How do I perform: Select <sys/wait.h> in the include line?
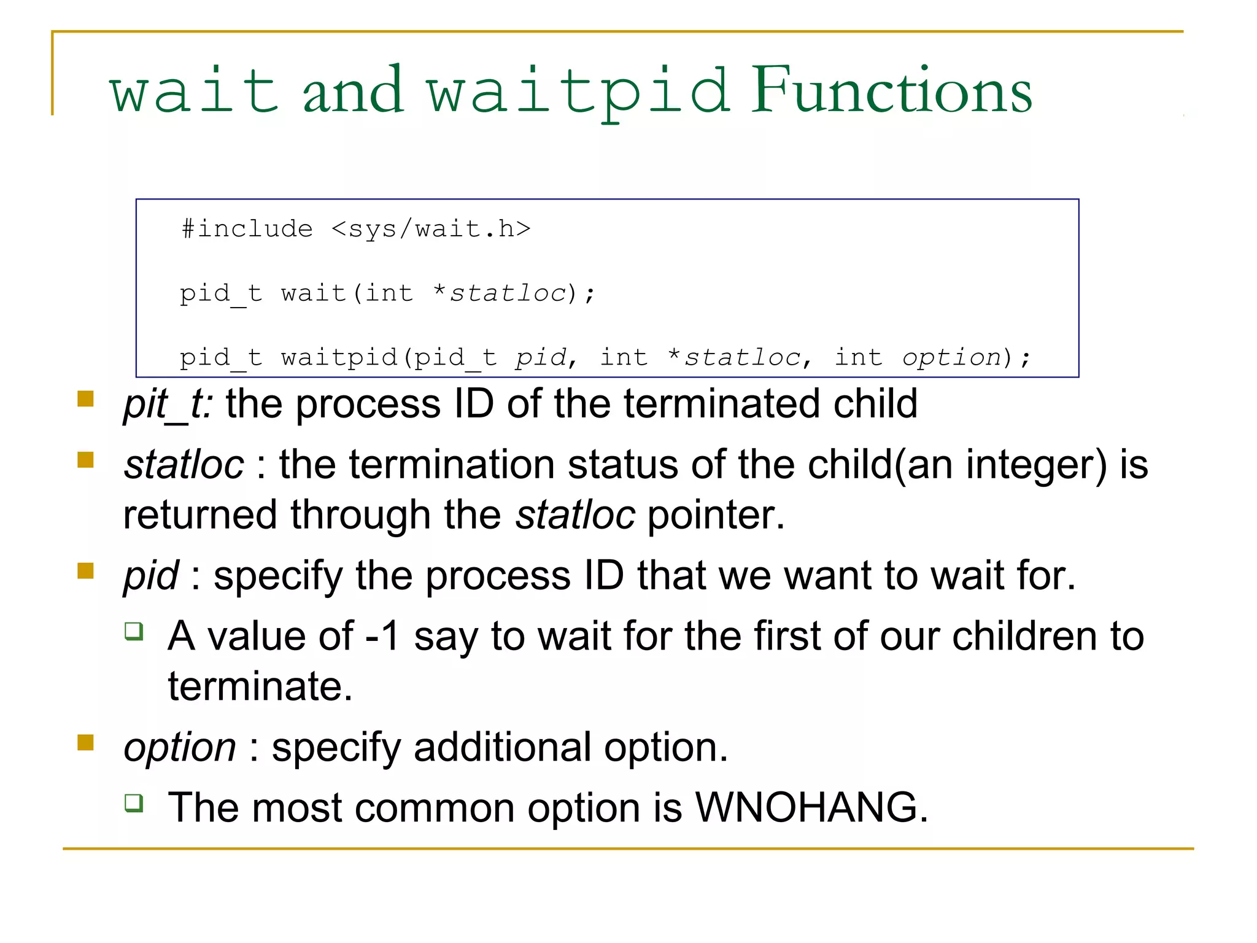pos(431,229)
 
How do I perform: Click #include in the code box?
pos(247,229)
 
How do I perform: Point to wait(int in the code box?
pos(347,293)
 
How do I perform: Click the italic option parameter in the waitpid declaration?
pos(951,357)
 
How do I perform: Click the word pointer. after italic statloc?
pos(716,514)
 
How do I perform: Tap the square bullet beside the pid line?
pos(85,572)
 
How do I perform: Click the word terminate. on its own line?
pos(260,686)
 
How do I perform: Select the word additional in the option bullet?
pos(502,747)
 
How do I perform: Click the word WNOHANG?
pos(811,807)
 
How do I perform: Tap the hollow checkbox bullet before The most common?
pos(134,802)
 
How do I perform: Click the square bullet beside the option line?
pos(85,743)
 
